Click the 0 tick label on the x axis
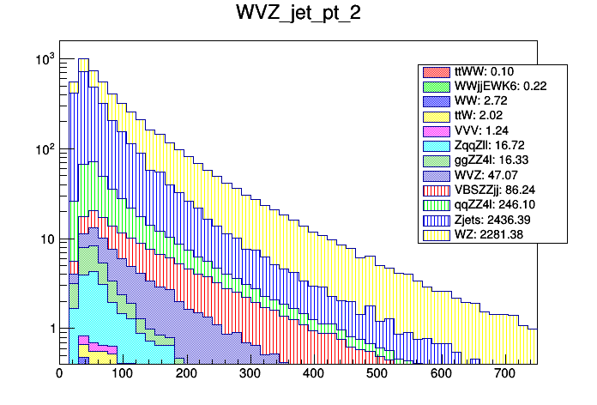[59, 374]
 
